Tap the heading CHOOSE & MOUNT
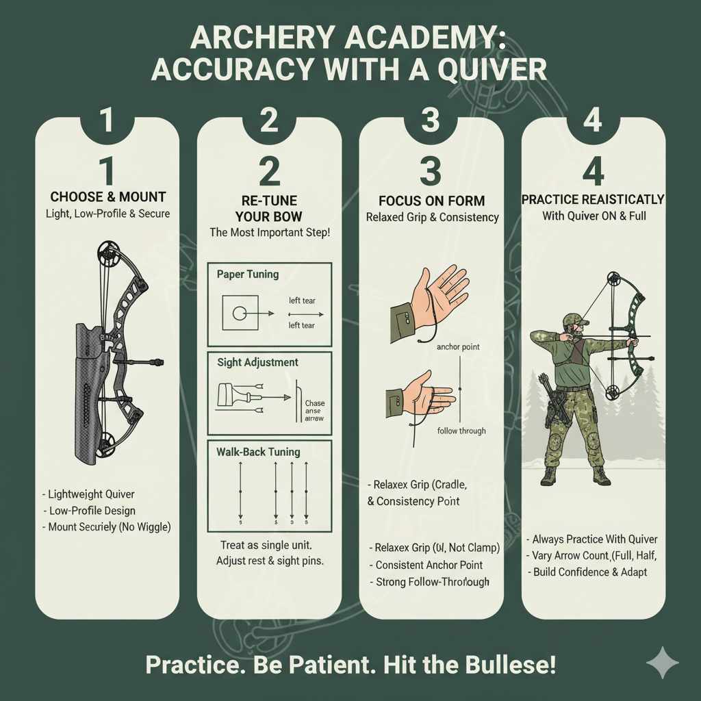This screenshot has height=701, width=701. point(108,198)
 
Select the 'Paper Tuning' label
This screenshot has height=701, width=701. point(247,275)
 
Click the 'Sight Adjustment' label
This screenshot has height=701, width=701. point(257,362)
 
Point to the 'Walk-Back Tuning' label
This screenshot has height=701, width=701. point(258,452)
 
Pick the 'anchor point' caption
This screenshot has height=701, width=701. point(458,347)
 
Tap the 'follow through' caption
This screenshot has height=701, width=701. point(461,431)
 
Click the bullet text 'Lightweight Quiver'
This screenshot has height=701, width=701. point(90,494)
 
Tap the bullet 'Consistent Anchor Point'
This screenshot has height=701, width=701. point(429,565)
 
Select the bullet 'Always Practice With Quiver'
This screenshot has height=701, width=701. point(594,539)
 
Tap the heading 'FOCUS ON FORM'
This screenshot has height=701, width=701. point(431,201)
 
